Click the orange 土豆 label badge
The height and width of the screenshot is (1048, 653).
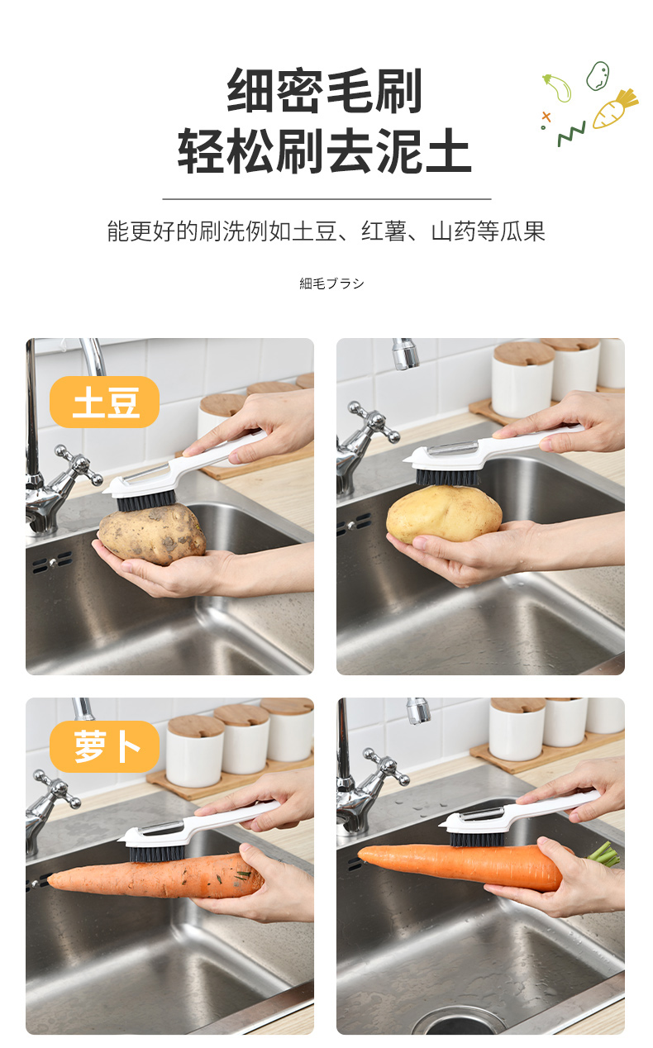click(x=104, y=402)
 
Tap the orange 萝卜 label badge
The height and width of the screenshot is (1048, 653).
click(x=104, y=746)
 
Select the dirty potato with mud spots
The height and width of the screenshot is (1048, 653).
click(x=151, y=533)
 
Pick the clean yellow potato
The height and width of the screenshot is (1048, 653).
click(x=444, y=513)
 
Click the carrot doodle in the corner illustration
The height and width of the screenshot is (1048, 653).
click(x=614, y=109)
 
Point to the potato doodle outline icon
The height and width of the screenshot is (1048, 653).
click(x=598, y=76)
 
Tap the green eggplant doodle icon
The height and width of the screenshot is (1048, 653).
click(x=558, y=88)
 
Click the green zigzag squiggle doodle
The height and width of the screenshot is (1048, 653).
click(x=571, y=134)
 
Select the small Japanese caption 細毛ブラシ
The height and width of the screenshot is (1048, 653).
click(x=331, y=283)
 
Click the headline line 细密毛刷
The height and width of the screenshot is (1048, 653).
click(x=325, y=91)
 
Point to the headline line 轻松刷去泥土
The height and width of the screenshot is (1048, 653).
click(x=325, y=150)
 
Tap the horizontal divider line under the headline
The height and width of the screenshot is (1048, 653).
click(x=326, y=199)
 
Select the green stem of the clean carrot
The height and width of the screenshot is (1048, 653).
click(x=604, y=854)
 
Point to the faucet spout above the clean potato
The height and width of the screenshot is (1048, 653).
click(x=405, y=355)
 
